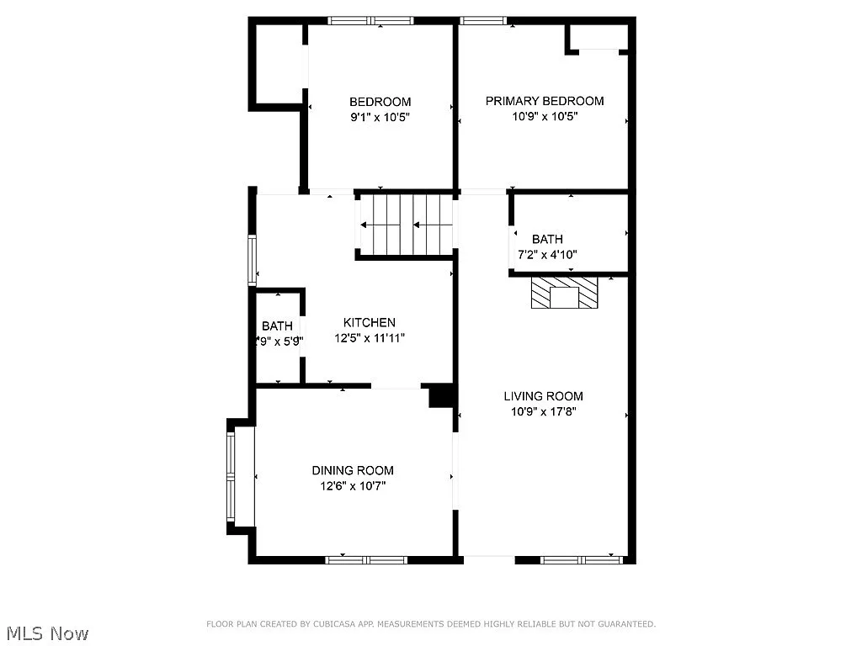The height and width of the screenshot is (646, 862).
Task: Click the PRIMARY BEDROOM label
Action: (545, 101)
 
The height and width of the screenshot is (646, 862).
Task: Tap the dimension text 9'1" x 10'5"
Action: (380, 119)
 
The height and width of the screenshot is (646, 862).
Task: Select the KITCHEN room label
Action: (369, 322)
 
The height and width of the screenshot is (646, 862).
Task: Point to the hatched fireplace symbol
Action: (564, 294)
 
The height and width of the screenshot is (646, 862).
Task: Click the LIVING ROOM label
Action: (543, 396)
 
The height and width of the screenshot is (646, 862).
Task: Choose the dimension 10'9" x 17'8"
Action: (543, 412)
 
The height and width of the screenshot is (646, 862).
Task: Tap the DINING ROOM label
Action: (353, 470)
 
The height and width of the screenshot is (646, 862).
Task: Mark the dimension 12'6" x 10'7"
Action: (353, 486)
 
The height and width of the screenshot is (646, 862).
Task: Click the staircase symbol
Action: (407, 225)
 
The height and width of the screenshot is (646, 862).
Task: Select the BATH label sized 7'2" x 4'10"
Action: (547, 239)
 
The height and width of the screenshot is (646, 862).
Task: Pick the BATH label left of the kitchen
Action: (277, 326)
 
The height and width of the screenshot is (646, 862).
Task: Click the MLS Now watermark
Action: (46, 633)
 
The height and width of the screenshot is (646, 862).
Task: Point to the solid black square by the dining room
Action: (441, 395)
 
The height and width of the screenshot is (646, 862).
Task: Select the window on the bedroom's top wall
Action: (370, 21)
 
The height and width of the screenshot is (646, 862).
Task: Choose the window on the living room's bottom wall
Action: (581, 559)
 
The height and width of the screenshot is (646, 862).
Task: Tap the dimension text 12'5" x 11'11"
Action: (369, 338)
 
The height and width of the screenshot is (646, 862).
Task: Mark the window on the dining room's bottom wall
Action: (366, 559)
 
